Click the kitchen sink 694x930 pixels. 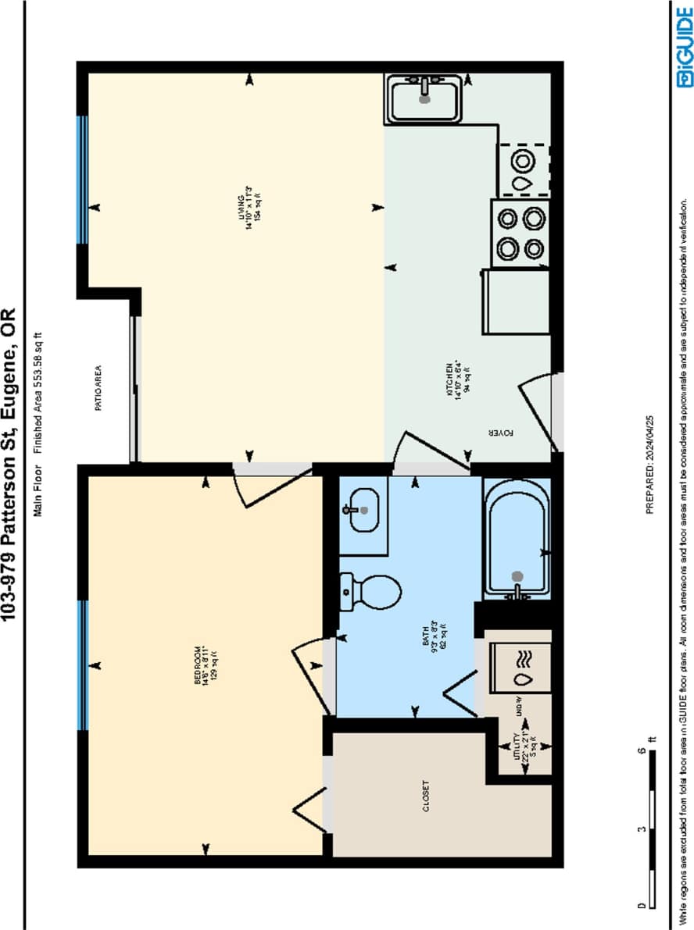click(x=424, y=99)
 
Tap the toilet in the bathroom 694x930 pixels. click(x=372, y=591)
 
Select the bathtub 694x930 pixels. click(x=517, y=539)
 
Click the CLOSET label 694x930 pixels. click(x=425, y=796)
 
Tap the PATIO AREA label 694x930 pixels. click(x=99, y=387)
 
